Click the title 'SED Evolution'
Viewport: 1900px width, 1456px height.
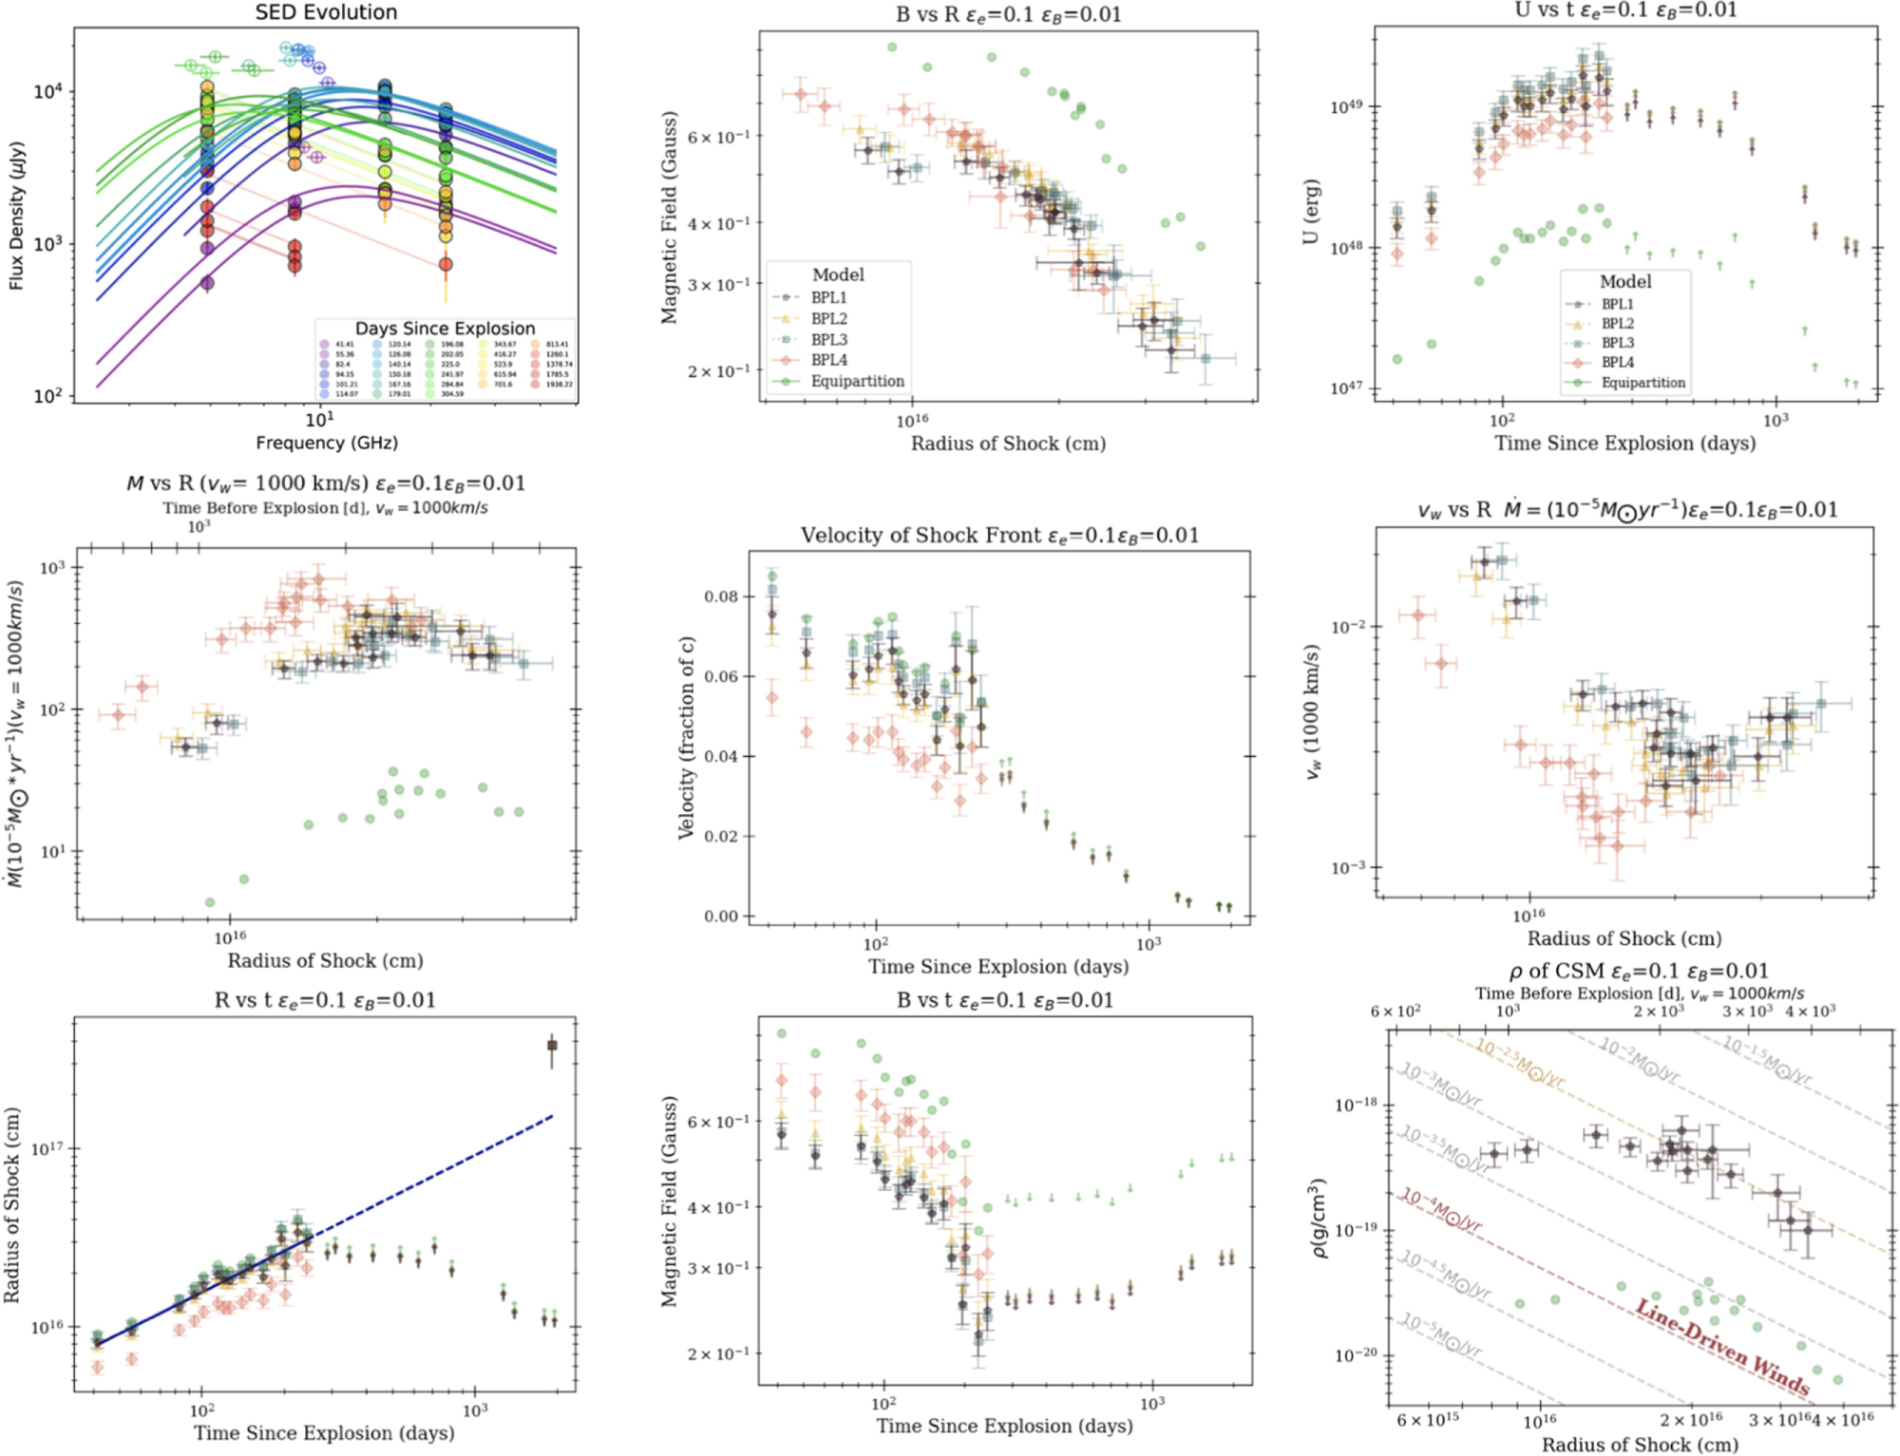(x=326, y=12)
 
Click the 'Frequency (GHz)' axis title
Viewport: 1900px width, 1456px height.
(x=326, y=443)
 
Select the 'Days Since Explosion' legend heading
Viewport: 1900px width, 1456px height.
(x=445, y=329)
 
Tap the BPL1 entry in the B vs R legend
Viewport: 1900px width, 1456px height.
(x=828, y=297)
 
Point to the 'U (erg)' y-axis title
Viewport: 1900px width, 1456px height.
(x=1312, y=212)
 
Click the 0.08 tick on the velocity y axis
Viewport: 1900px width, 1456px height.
(x=721, y=596)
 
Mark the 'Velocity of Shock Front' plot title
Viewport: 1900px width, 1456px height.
(x=999, y=536)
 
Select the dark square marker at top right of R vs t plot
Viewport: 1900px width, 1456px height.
(x=552, y=1045)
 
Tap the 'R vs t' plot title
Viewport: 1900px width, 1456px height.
(x=325, y=1000)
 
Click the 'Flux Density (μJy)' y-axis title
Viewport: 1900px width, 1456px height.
(x=16, y=216)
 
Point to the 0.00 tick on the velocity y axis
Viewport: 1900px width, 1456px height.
(x=721, y=917)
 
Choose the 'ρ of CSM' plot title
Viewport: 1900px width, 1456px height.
(x=1639, y=972)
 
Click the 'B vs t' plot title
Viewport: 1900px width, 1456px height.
(x=1004, y=1000)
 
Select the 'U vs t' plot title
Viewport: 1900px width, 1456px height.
(x=1625, y=10)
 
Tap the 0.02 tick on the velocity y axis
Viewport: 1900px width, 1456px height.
(x=721, y=837)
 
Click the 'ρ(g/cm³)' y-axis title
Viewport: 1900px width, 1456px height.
(x=1318, y=1218)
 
